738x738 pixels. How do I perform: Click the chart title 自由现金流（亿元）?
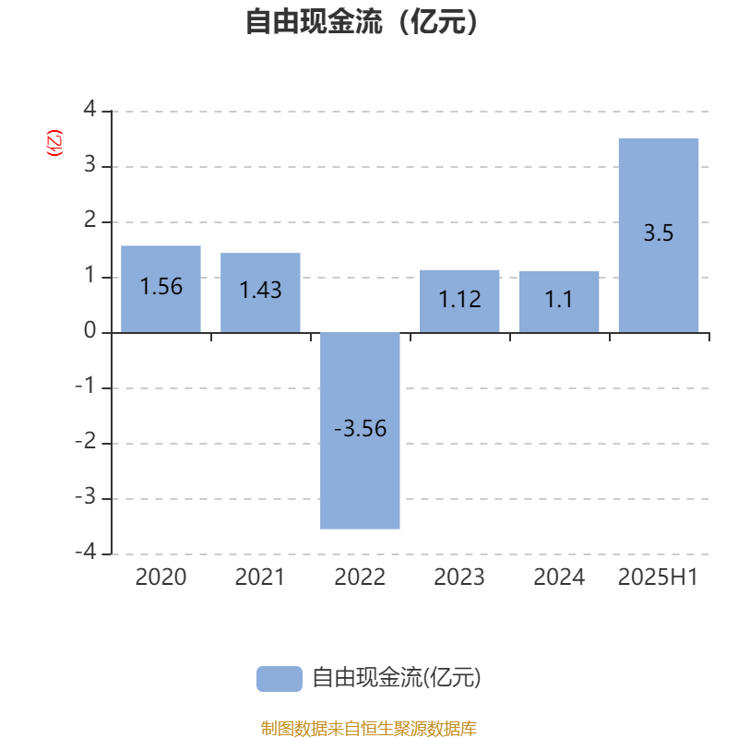coord(362,21)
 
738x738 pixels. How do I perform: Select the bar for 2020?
coord(161,289)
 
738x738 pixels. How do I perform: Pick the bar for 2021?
coord(260,292)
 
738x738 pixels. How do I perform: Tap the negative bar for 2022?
coord(360,431)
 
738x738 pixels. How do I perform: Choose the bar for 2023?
coord(459,302)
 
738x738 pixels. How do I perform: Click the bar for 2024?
coord(559,302)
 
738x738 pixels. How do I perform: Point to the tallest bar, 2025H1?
coord(659,235)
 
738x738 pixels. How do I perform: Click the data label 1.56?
coord(161,287)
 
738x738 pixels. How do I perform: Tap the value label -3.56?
coord(360,429)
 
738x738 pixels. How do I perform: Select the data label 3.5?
coord(659,233)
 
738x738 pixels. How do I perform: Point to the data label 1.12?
coord(459,299)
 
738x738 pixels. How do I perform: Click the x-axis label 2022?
coord(360,577)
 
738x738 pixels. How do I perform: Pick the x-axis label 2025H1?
coord(658,577)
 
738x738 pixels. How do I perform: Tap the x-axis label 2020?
coord(161,577)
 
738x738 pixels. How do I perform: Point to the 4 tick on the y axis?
coord(89,109)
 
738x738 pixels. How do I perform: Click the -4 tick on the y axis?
coord(86,552)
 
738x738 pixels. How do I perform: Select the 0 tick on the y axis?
coord(89,330)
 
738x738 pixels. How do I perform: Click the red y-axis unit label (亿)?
coord(54,143)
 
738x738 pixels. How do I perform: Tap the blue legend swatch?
coord(280,679)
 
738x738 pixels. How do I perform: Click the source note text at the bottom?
coord(368,728)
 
